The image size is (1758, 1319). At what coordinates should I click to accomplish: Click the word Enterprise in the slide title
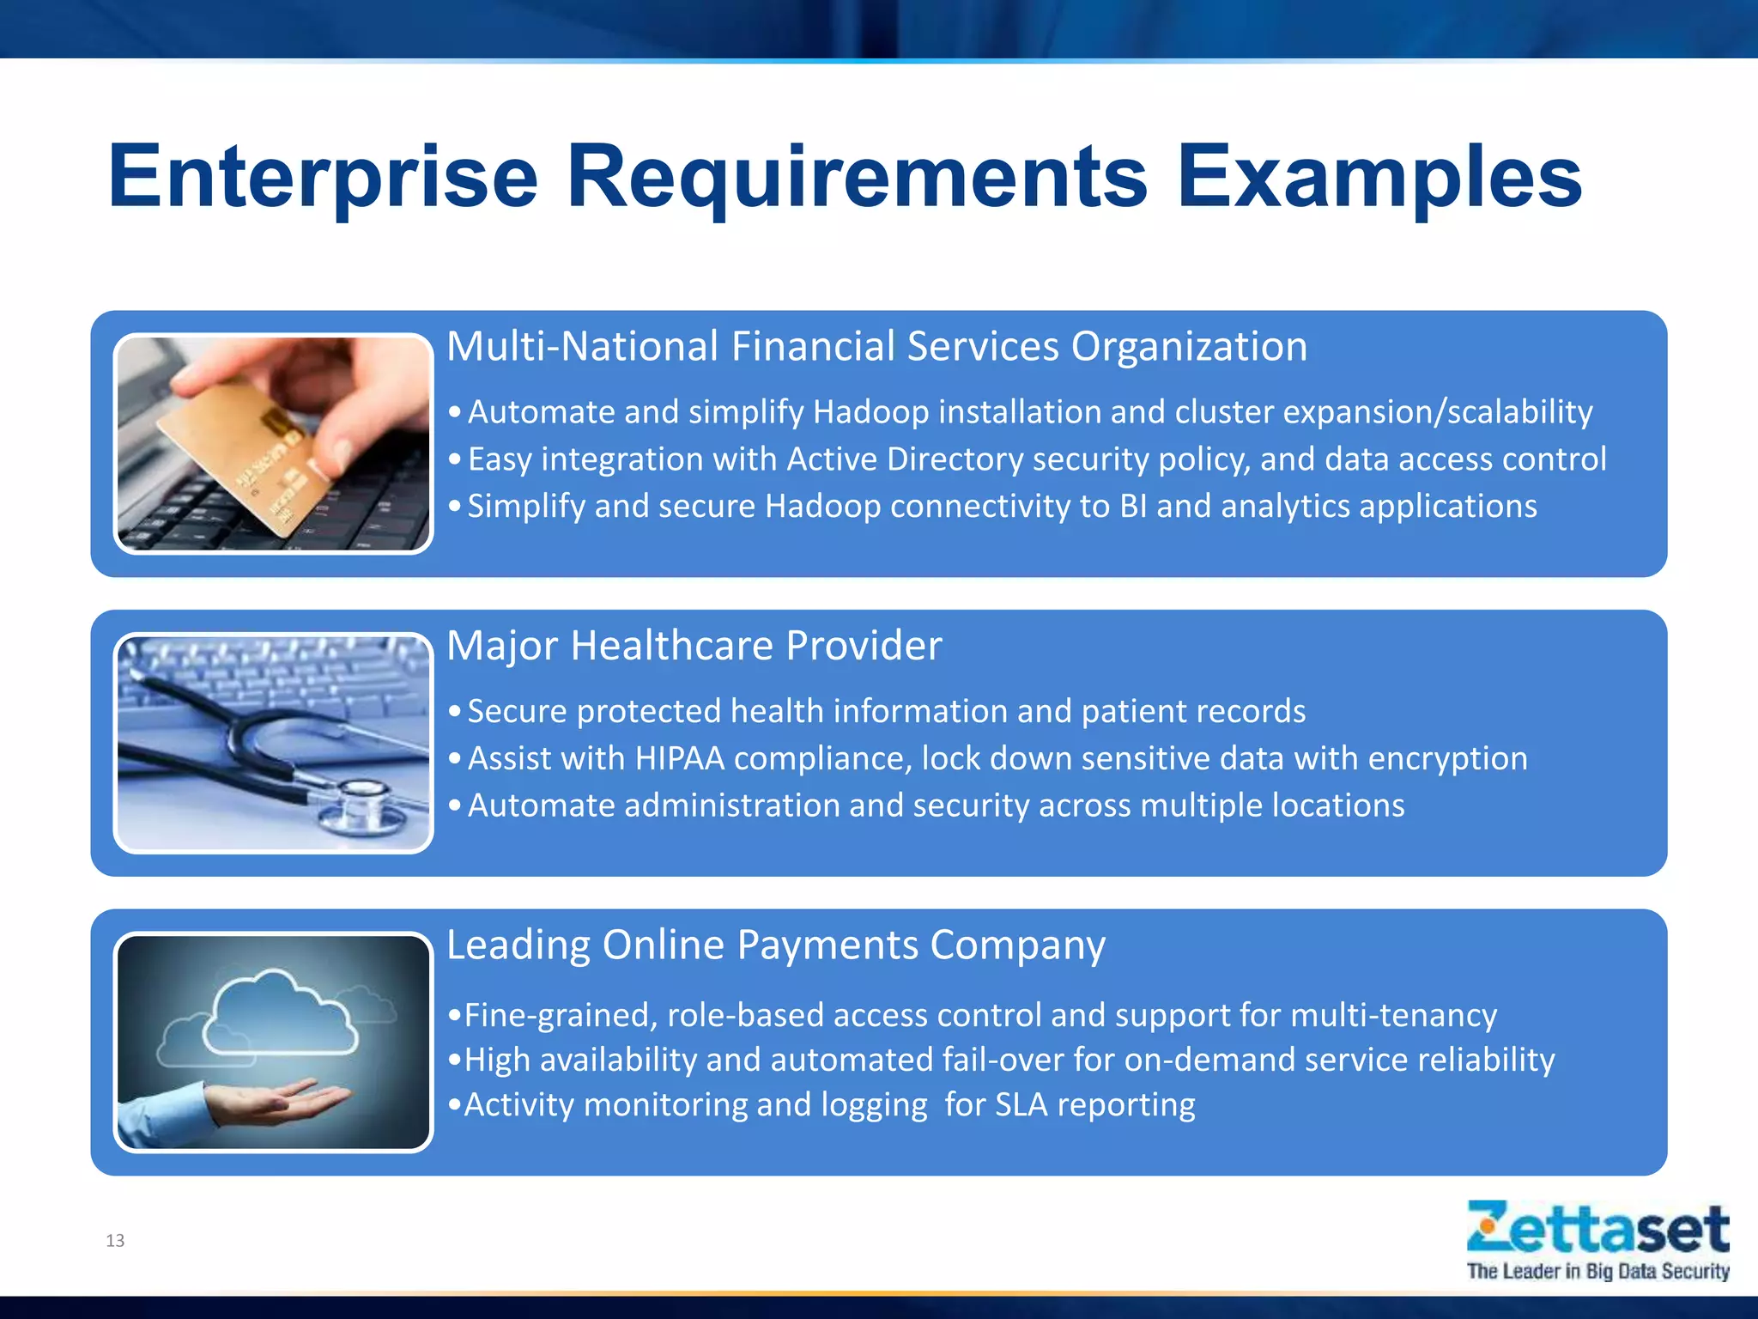click(x=322, y=178)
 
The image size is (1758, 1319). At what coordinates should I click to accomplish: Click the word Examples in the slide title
click(x=1379, y=178)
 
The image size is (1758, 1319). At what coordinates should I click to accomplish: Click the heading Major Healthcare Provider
click(x=694, y=646)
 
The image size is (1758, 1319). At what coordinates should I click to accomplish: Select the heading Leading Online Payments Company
click(x=775, y=945)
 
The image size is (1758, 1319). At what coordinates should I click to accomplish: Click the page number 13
click(x=115, y=1240)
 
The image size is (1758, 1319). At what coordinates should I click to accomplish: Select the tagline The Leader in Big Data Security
click(x=1597, y=1272)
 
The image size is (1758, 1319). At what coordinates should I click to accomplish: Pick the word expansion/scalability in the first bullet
click(x=1438, y=413)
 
